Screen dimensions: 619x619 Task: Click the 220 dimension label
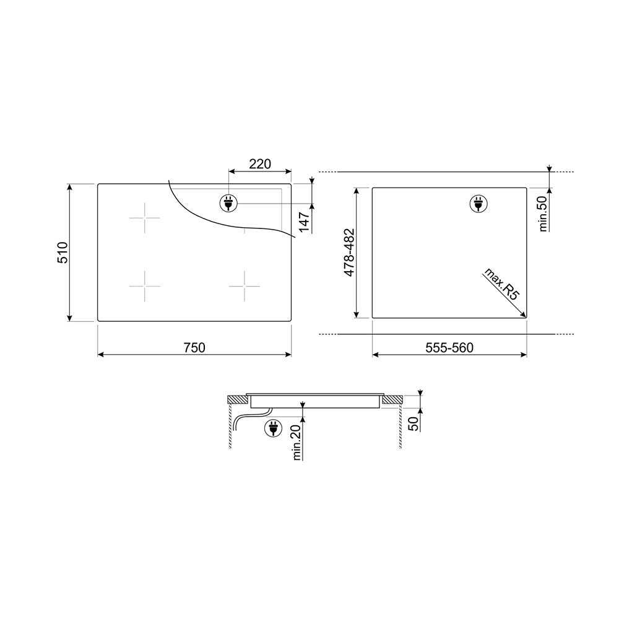coord(260,164)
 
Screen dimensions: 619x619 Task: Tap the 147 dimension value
coord(304,220)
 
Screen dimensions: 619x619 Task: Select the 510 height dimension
coord(63,253)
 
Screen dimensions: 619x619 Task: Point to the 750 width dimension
coord(194,348)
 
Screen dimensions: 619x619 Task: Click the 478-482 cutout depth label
coord(349,253)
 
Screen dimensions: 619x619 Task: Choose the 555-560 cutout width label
coord(449,348)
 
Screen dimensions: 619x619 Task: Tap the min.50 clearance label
coord(543,213)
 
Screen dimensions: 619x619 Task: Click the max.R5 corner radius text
coord(501,285)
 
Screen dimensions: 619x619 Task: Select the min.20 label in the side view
coord(297,442)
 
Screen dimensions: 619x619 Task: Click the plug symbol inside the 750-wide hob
coord(227,203)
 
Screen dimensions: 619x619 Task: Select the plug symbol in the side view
coord(272,427)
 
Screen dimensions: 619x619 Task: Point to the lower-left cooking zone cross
coord(144,286)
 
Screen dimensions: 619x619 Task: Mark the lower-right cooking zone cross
coord(244,286)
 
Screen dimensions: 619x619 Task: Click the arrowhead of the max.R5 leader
coord(524,314)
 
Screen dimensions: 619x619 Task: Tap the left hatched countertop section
coord(236,400)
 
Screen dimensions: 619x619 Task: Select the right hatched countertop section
coord(391,400)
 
